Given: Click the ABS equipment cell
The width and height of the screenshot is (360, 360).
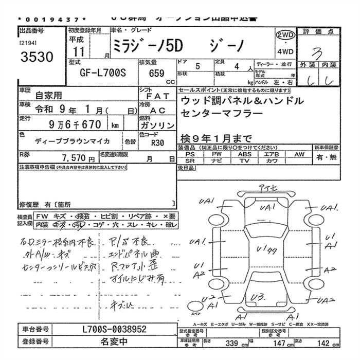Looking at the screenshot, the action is coord(244,154).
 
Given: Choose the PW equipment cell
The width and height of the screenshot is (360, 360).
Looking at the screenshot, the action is coord(217,154).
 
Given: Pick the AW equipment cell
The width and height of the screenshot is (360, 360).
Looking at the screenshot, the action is coord(299,154).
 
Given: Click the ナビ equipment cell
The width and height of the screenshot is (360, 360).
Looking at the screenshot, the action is coord(217,161).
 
